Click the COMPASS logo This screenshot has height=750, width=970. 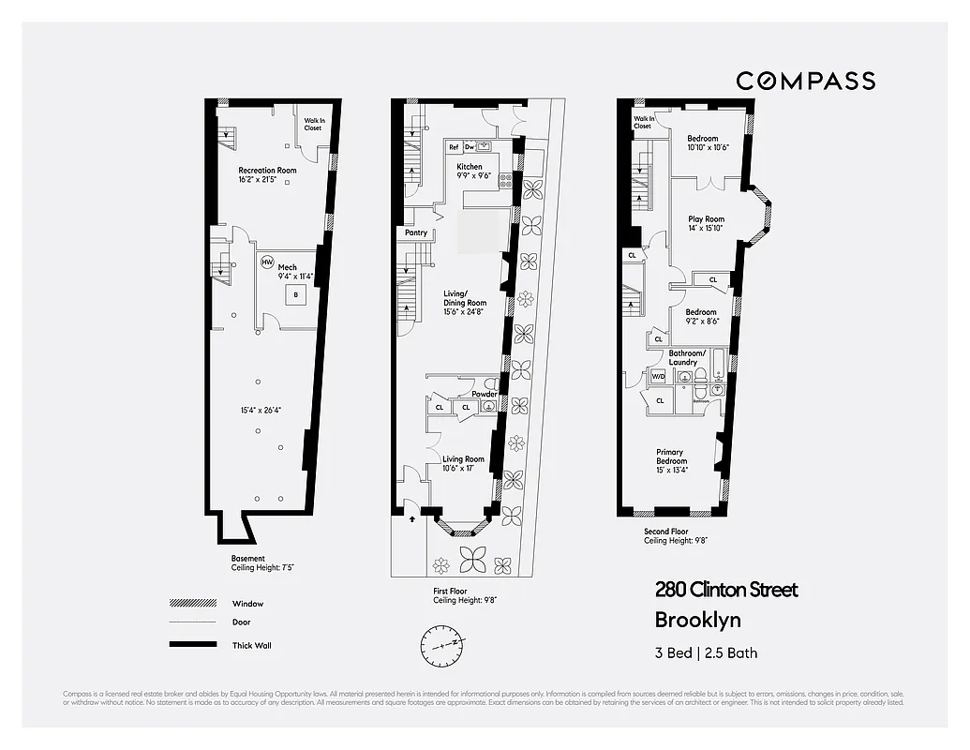tap(805, 81)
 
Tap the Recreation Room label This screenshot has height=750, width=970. tap(267, 171)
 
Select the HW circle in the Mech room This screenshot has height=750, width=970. tap(267, 262)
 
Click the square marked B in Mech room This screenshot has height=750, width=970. tap(296, 295)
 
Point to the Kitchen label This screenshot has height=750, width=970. tap(470, 166)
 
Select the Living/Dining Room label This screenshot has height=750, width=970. tap(465, 303)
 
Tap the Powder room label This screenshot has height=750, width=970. tap(485, 394)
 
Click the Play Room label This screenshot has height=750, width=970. tap(707, 219)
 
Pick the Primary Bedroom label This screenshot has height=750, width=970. tap(671, 457)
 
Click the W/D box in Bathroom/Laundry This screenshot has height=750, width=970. tap(658, 377)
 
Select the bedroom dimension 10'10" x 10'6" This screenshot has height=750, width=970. tap(708, 147)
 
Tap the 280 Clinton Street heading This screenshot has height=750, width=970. tap(725, 590)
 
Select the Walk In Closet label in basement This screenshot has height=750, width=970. tap(313, 124)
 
